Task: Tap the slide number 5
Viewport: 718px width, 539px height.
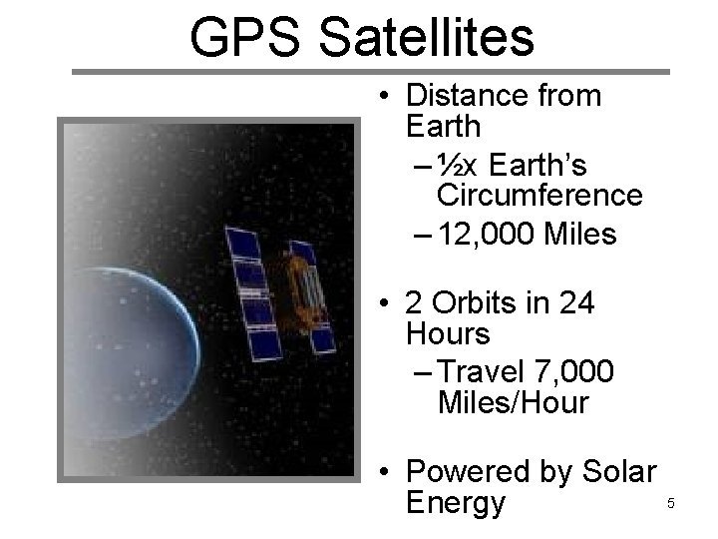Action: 671,503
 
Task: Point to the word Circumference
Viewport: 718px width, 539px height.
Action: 539,195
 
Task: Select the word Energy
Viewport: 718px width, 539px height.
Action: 456,502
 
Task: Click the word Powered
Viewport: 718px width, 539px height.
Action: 471,470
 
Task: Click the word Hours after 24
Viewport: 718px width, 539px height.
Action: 450,333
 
